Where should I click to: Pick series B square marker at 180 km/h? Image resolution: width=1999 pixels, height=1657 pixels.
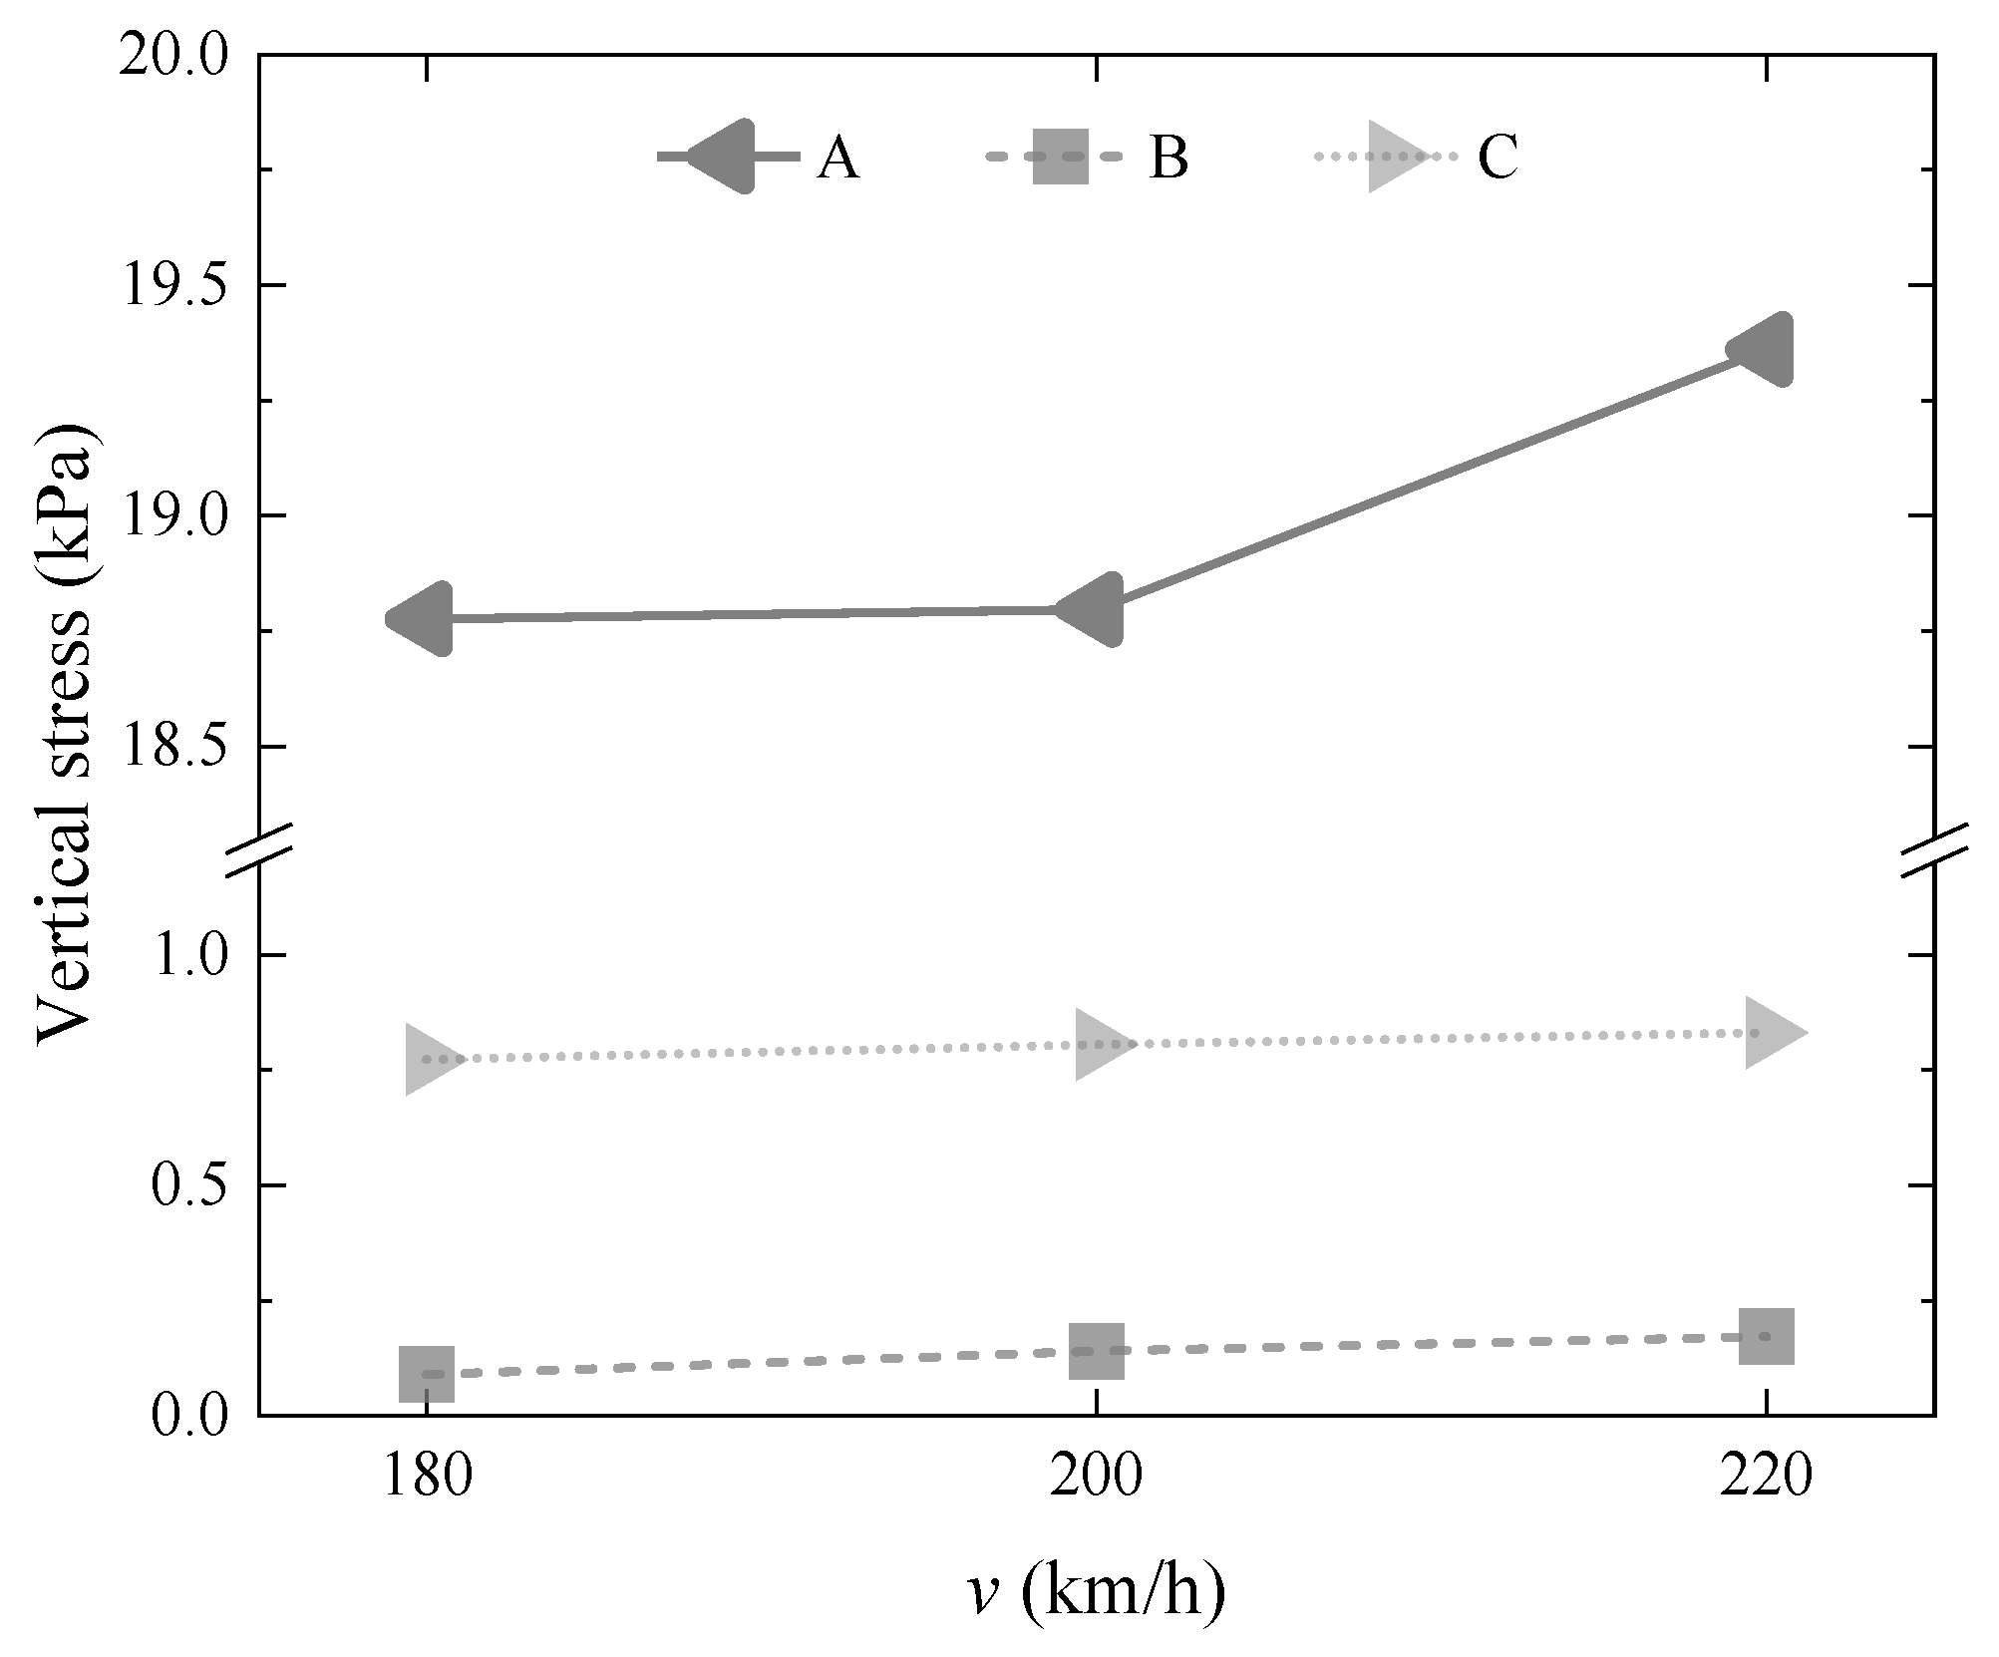[427, 1374]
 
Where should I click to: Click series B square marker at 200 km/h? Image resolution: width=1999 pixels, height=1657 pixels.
[1097, 1351]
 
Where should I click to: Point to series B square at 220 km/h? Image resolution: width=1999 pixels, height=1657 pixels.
[1767, 1335]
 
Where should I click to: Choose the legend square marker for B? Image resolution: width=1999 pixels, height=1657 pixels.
[1060, 157]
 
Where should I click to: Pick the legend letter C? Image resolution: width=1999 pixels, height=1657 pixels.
[1498, 158]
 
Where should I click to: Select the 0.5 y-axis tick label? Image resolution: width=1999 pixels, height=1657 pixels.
[187, 1185]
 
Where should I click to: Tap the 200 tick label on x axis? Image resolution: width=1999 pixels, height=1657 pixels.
[1096, 1478]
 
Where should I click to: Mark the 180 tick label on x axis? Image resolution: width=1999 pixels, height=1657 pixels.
[427, 1478]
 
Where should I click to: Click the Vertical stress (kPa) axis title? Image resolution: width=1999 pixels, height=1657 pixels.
[66, 735]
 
